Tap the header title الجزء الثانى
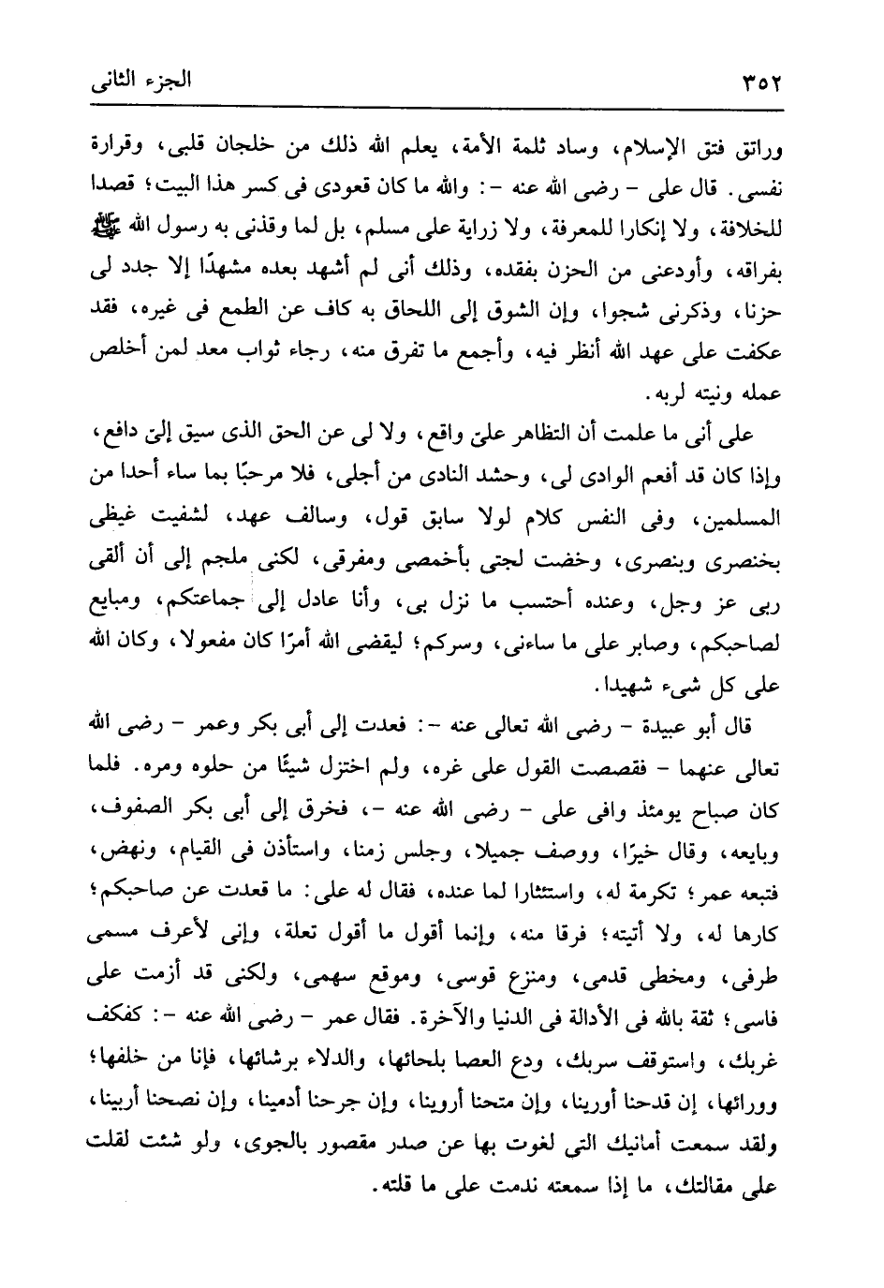pos(140,79)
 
